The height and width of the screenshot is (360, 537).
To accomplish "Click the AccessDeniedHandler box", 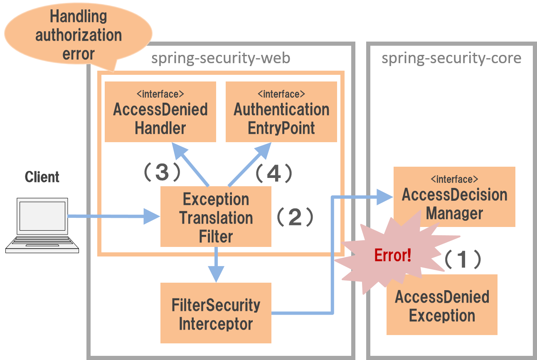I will pos(160,112).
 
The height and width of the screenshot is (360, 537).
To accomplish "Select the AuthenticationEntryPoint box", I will pos(281,112).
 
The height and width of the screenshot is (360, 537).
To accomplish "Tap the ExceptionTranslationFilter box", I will pos(216,217).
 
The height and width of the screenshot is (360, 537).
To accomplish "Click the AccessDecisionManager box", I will pos(454,197).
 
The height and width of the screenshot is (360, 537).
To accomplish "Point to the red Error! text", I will pos(392,255).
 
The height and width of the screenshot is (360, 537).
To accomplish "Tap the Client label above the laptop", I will pos(42,177).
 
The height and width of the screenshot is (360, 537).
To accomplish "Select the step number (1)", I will pos(463,259).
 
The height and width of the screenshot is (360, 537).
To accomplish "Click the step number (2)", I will pos(295,217).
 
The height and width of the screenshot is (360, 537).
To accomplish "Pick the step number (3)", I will pos(162,172).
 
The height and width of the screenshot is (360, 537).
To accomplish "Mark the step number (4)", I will pos(273,173).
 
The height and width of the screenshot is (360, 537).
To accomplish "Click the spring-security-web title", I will pos(221,58).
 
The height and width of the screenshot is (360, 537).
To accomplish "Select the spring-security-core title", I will pos(451,58).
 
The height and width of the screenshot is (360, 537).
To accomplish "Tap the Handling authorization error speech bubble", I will pos(78,35).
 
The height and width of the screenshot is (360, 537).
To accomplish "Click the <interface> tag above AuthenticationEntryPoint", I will pos(281,94).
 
